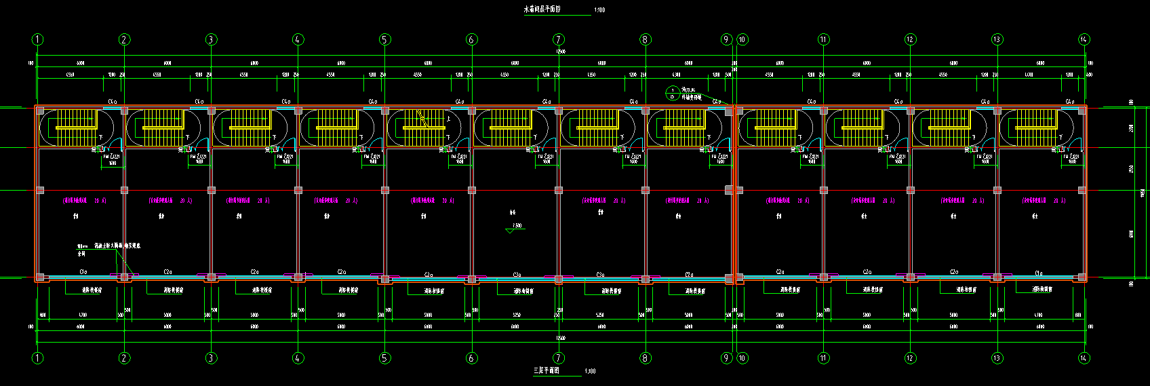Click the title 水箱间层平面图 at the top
point(542,9)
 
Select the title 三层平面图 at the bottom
point(545,371)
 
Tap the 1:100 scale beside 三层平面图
point(590,372)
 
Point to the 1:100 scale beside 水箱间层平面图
point(599,10)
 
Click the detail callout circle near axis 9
point(672,93)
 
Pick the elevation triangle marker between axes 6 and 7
point(511,231)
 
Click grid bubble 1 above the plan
point(37,39)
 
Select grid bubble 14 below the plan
point(1084,358)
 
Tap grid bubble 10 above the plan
point(742,39)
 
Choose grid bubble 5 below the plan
point(384,358)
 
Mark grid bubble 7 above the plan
point(558,39)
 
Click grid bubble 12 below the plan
point(910,358)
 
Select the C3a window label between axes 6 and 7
point(517,274)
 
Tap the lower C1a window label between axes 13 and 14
point(1039,273)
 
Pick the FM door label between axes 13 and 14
point(1071,158)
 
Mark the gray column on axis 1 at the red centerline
point(40,190)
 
